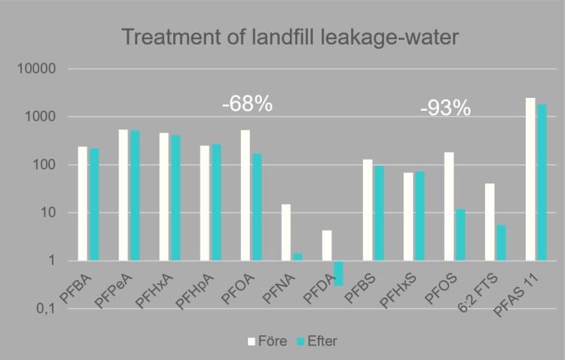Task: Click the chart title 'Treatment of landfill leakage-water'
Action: [282, 36]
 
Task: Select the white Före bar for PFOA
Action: [246, 195]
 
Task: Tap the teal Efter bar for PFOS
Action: [460, 235]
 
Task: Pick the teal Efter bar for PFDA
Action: [338, 273]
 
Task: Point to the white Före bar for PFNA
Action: [286, 233]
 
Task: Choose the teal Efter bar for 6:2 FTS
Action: [500, 243]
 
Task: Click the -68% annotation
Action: [247, 103]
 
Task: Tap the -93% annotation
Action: [445, 108]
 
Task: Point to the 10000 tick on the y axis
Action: [41, 69]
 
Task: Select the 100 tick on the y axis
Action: [47, 165]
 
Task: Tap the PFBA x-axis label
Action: [75, 288]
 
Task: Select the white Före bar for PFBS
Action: [368, 210]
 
